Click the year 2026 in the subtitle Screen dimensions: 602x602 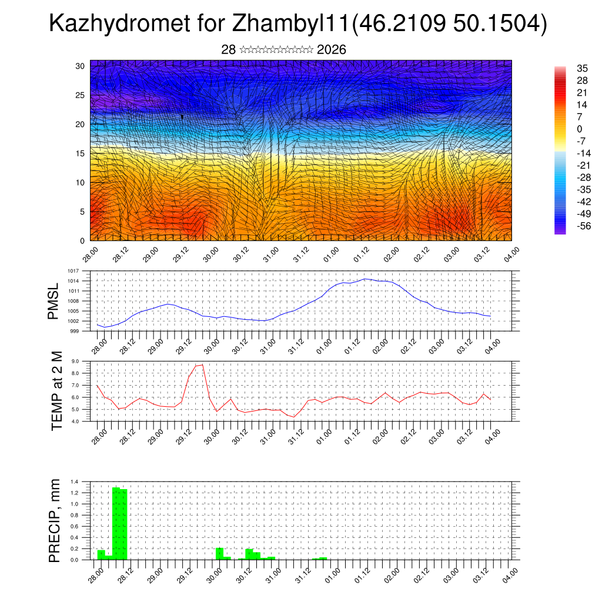click(332, 50)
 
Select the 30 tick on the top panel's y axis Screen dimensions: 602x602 click(80, 66)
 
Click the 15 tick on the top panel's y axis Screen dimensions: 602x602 click(80, 153)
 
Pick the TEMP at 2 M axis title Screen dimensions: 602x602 click(56, 391)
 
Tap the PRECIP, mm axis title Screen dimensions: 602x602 click(54, 521)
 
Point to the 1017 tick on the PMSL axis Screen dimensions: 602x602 click(72, 271)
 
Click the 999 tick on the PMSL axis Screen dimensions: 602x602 click(75, 331)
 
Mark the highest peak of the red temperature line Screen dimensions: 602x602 click(203, 365)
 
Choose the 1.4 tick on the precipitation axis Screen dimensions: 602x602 click(74, 481)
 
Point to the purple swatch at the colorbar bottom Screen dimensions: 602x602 click(560, 230)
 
